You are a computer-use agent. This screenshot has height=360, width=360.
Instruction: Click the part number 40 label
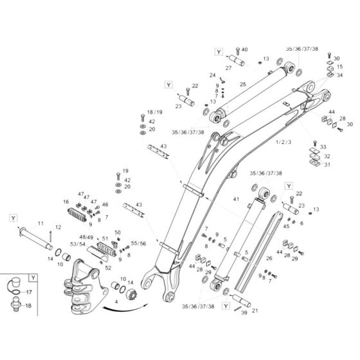coord(244,50)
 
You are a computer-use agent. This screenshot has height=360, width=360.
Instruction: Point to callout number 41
coord(237,200)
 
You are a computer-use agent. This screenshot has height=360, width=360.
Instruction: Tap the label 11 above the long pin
coord(39,223)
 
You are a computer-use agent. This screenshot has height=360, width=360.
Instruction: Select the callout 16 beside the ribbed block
coord(66,202)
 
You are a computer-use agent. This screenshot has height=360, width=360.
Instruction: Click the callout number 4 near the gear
coord(116,301)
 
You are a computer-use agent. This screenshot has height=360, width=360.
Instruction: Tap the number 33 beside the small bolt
coord(323,147)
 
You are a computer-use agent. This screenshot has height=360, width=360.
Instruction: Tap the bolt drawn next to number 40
coord(237,51)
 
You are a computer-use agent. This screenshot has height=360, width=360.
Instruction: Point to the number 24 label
coord(212,75)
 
